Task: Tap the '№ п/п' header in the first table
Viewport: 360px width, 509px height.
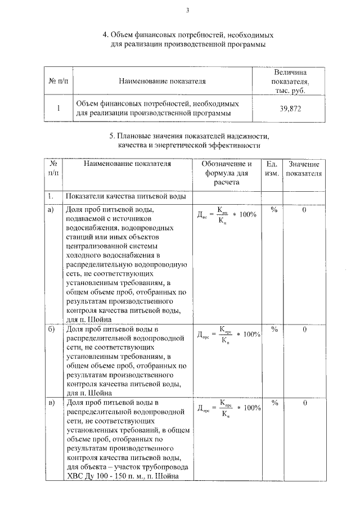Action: coord(58,81)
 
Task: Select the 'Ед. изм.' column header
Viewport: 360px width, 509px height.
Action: coord(272,168)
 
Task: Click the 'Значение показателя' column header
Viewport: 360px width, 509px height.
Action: coord(304,168)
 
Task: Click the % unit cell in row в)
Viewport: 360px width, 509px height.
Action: coord(275,403)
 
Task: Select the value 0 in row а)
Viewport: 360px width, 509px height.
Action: coord(304,210)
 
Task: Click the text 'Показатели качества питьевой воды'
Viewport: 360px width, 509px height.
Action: coord(125,196)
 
